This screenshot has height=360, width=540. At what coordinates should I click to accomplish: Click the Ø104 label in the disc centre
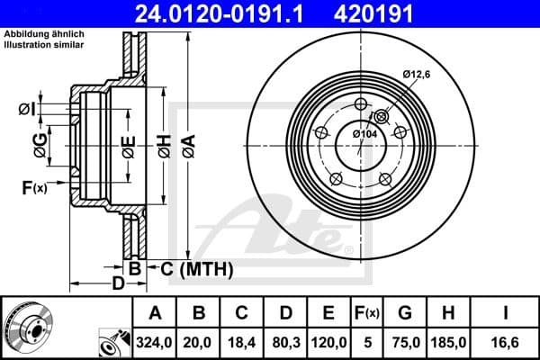tap(364, 133)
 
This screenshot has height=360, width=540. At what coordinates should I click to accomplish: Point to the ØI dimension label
tap(26, 110)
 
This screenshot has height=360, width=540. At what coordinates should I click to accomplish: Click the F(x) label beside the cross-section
tap(34, 187)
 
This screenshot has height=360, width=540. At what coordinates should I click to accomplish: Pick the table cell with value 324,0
tap(155, 341)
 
